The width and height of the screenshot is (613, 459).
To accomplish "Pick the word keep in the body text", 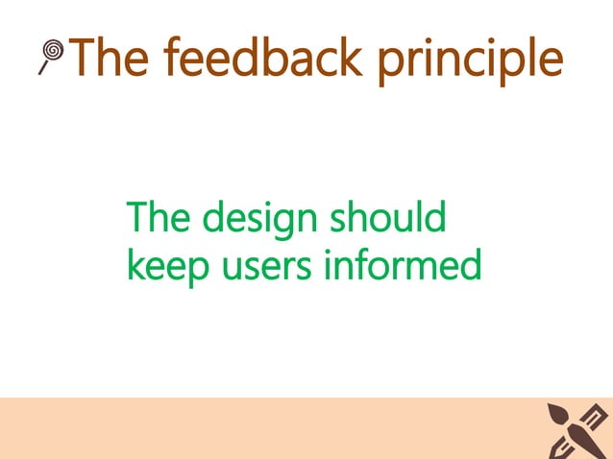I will pos(164,268).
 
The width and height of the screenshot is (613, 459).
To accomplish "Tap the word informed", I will pos(404,266).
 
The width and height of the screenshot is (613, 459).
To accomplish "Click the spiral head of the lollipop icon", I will pos(55,49).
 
